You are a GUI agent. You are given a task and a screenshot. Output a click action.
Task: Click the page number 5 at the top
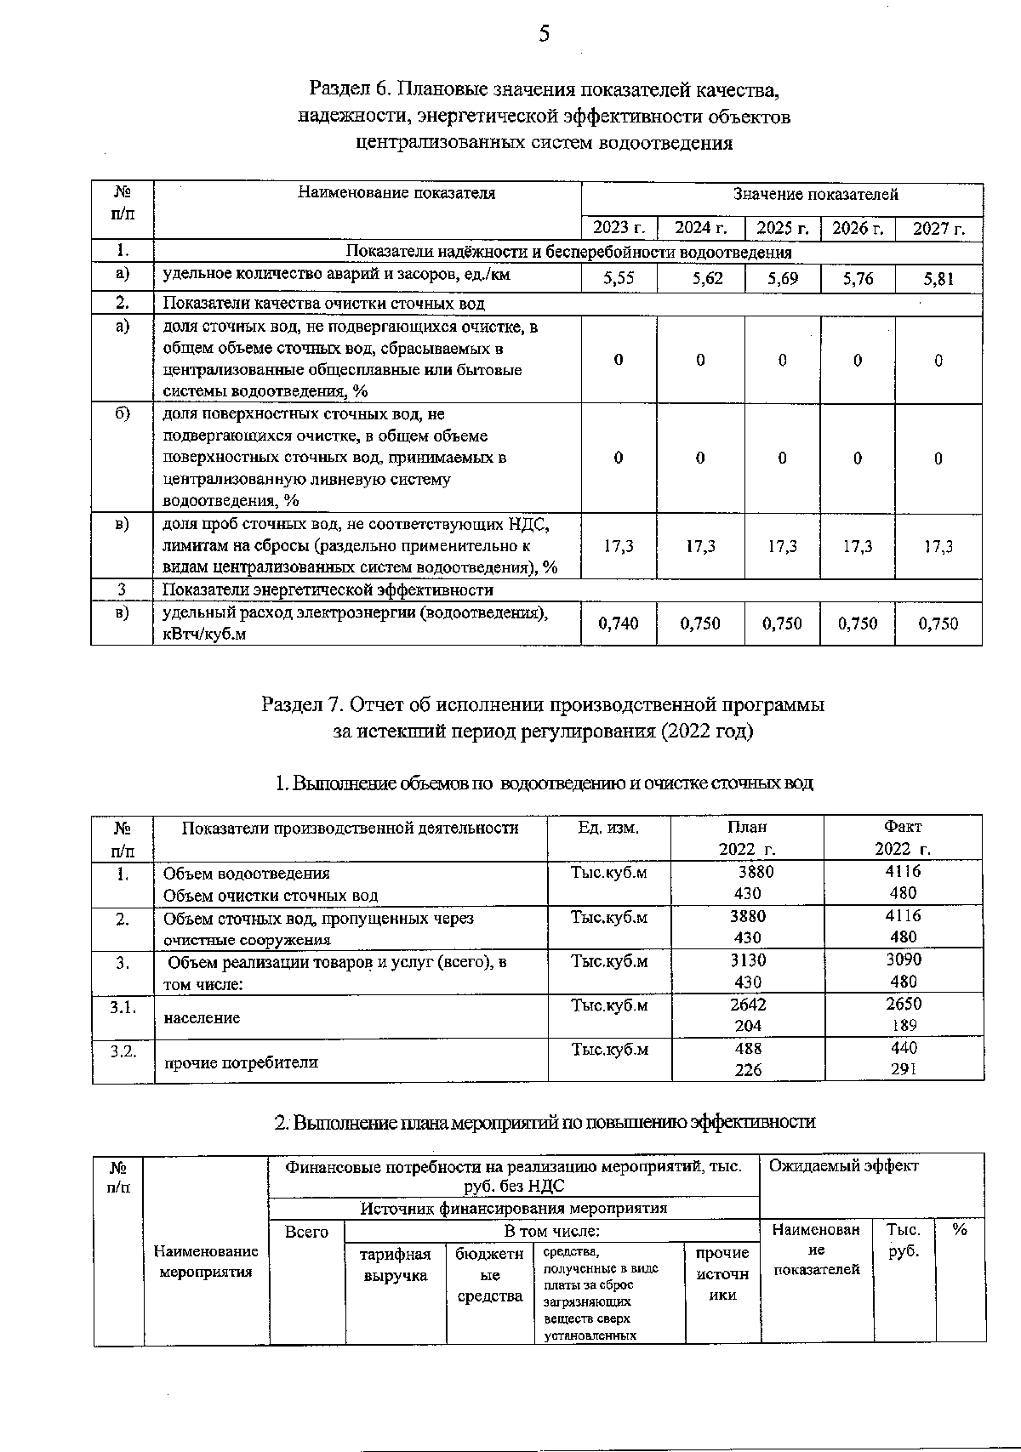click(545, 33)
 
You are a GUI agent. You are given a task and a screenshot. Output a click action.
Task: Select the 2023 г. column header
click(619, 227)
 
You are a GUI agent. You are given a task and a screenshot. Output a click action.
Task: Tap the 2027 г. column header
click(938, 228)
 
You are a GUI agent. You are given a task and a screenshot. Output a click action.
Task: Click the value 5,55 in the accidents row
click(619, 278)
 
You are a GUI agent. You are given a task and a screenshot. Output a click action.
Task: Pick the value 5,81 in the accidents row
click(938, 278)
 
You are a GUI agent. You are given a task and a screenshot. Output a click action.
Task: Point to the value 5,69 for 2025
click(782, 278)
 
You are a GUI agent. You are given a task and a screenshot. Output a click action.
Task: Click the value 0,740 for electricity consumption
click(619, 624)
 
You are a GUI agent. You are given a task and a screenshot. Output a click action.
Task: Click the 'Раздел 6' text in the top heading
click(350, 88)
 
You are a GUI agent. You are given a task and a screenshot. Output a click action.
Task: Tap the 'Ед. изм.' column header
click(608, 828)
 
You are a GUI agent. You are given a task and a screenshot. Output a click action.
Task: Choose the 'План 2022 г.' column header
click(747, 838)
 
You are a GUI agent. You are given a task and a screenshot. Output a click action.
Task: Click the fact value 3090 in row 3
click(903, 960)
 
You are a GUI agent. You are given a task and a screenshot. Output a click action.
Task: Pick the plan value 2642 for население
click(748, 1004)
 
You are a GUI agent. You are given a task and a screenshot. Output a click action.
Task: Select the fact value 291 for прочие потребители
click(903, 1070)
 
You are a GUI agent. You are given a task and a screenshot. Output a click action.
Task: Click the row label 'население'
click(202, 1018)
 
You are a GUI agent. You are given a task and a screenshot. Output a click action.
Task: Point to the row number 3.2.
click(123, 1051)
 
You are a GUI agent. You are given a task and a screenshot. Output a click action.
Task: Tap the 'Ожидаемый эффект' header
click(843, 1166)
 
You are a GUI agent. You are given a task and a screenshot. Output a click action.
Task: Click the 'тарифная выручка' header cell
click(396, 1265)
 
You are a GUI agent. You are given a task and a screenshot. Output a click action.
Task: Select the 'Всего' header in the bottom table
click(306, 1232)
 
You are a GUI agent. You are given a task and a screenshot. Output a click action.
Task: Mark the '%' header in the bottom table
click(959, 1230)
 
